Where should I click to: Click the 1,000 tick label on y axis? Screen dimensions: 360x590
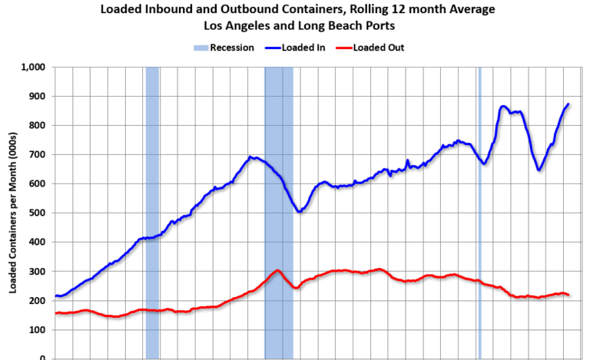35,68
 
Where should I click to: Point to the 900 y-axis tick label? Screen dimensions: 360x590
38,97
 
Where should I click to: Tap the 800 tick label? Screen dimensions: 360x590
38,126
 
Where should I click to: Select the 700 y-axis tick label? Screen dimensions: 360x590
38,155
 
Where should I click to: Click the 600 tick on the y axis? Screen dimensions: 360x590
38,184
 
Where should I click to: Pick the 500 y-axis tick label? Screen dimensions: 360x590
38,213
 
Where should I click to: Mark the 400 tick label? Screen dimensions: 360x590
38,243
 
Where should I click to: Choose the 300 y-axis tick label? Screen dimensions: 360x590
38,272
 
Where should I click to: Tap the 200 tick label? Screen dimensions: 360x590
38,301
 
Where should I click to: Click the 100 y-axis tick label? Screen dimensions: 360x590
38,330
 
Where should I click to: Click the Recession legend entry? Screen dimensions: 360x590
224,48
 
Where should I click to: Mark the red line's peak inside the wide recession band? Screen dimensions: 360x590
277,270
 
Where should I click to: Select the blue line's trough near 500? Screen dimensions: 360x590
299,211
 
